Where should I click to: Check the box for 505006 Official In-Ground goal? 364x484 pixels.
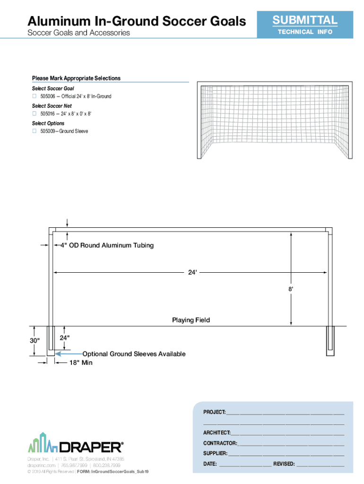pyautogui.click(x=34, y=96)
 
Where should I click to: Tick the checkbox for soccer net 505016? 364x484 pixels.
pyautogui.click(x=34, y=114)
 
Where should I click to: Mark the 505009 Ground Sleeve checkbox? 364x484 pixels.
pyautogui.click(x=34, y=131)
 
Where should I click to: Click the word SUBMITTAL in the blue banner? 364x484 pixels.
pyautogui.click(x=304, y=20)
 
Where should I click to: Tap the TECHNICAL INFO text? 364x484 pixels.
pyautogui.click(x=304, y=32)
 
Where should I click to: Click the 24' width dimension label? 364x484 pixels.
pyautogui.click(x=191, y=273)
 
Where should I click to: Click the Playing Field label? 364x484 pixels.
pyautogui.click(x=191, y=320)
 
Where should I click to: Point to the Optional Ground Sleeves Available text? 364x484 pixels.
pyautogui.click(x=134, y=354)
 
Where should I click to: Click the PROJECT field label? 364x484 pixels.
pyautogui.click(x=214, y=412)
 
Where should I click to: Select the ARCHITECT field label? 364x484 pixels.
pyautogui.click(x=217, y=433)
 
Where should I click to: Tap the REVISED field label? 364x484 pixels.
pyautogui.click(x=284, y=464)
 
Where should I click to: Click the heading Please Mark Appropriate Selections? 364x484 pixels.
pyautogui.click(x=76, y=78)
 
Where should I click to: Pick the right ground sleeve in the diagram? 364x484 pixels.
pyautogui.click(x=329, y=341)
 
